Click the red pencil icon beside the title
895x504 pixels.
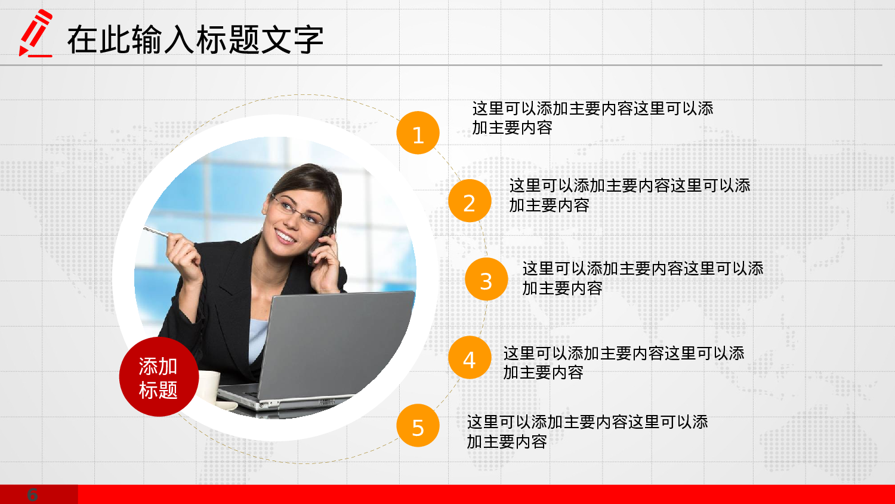35,34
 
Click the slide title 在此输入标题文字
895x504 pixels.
195,40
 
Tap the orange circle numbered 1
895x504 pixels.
418,133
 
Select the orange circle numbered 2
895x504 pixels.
470,201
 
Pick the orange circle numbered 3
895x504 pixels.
486,279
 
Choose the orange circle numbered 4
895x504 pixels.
470,358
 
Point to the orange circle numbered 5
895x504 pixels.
418,426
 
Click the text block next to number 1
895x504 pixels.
592,118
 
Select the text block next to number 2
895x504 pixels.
629,195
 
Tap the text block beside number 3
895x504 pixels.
643,278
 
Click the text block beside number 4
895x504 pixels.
624,362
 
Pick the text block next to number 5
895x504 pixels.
587,432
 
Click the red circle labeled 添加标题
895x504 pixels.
158,377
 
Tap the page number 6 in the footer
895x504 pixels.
33,494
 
